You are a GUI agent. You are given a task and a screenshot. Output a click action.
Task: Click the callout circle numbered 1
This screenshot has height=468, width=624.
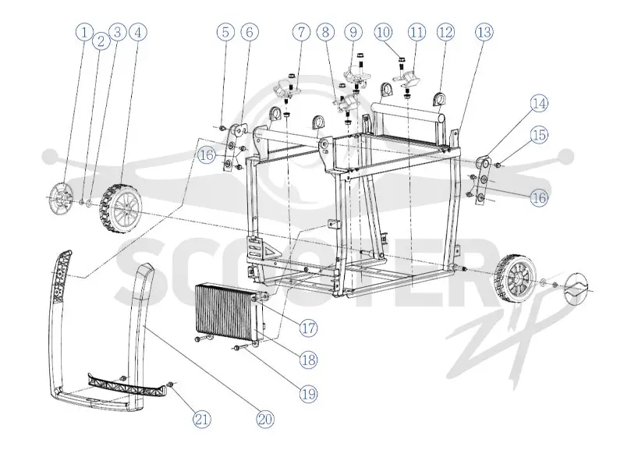[84, 32]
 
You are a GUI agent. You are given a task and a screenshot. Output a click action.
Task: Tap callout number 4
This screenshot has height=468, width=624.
[138, 32]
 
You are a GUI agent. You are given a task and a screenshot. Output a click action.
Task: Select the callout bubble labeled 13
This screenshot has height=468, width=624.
[484, 32]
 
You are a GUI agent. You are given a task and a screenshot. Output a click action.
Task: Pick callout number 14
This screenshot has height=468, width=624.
[539, 104]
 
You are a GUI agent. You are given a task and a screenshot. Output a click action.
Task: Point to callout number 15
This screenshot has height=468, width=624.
[539, 134]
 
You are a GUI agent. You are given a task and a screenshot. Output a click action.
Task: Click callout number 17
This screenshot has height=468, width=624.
[309, 328]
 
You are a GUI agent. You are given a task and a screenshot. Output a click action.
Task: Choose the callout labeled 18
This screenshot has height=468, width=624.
[309, 360]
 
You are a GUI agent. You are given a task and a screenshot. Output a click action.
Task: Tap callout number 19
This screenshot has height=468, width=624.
[309, 394]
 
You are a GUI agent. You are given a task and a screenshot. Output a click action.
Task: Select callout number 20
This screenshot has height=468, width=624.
[265, 419]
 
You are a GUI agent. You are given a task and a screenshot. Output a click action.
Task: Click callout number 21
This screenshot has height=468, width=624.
[202, 419]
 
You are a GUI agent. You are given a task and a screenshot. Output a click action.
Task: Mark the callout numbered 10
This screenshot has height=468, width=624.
[383, 32]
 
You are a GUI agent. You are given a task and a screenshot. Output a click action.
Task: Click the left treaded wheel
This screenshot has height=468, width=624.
[121, 209]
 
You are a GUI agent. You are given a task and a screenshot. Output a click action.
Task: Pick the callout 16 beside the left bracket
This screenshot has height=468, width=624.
[207, 154]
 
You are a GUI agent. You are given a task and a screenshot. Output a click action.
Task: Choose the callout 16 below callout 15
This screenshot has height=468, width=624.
[539, 198]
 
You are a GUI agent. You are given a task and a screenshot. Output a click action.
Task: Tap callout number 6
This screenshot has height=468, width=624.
[250, 32]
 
